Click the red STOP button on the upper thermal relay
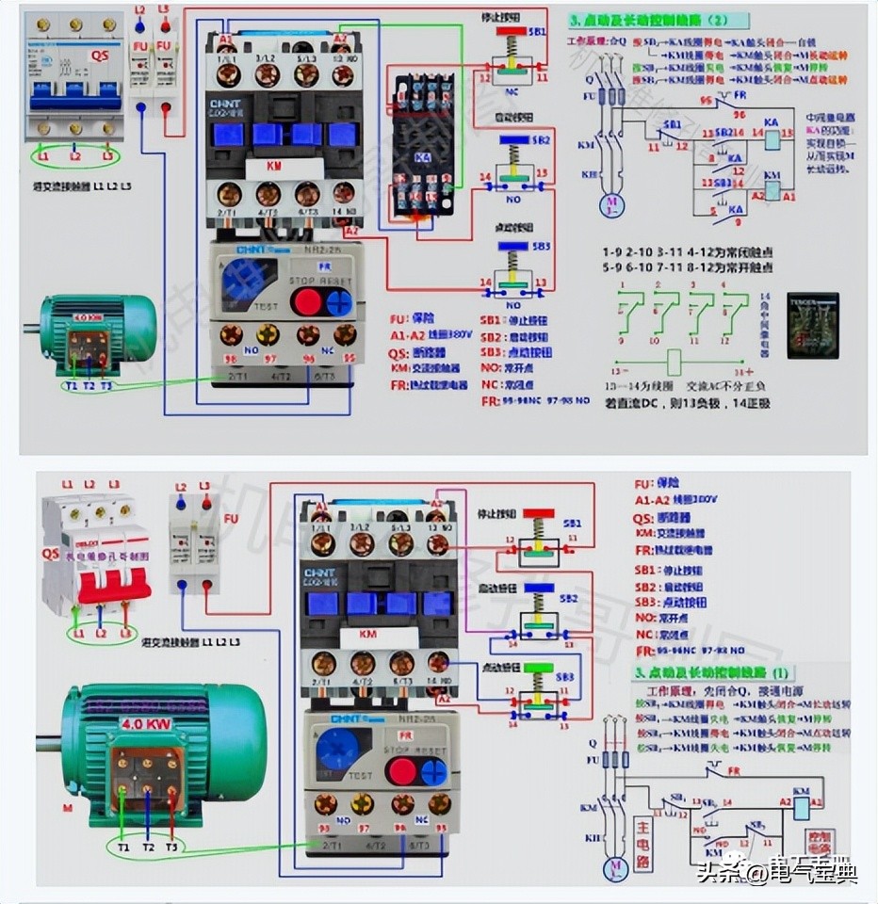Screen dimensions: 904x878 pos(305,301)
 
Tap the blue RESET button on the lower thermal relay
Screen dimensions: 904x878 pos(433,772)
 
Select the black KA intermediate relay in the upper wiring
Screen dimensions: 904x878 pos(423,144)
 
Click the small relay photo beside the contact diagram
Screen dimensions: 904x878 pos(812,325)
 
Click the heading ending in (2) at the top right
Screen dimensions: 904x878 pos(658,20)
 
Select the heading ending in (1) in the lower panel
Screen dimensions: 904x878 pos(713,672)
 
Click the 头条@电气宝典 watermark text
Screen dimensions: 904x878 pos(777,872)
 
